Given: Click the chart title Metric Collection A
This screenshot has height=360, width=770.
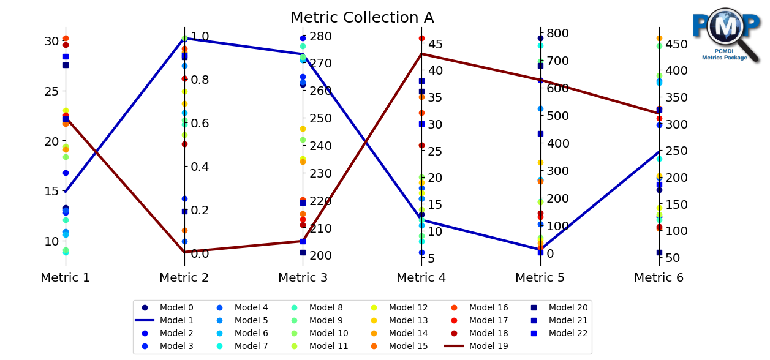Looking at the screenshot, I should [x=362, y=18].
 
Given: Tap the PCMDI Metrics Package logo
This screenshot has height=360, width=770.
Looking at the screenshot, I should [x=725, y=35].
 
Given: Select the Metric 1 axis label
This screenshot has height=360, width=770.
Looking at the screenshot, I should [x=66, y=278].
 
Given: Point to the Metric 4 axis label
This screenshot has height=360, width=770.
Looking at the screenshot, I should [x=421, y=278].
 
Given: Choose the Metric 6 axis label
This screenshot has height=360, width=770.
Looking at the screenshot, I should [x=659, y=278].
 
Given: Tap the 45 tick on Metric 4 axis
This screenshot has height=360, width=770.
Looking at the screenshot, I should [x=436, y=44].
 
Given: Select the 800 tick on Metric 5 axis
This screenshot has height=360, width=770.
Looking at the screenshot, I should [x=557, y=33].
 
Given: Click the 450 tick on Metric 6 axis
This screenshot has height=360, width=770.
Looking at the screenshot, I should [x=676, y=44].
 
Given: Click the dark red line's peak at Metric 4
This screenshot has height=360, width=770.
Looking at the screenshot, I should [x=421, y=54].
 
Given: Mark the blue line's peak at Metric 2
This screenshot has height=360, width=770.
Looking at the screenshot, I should [x=184, y=38].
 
